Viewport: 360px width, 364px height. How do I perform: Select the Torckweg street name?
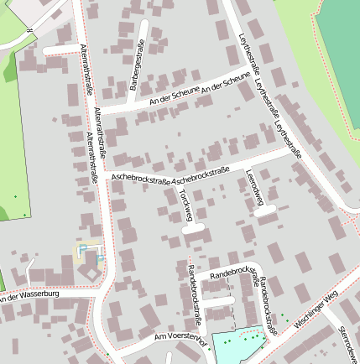(x=186, y=205)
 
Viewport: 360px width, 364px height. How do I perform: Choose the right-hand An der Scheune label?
(x=227, y=81)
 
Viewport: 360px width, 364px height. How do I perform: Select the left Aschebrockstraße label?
(x=140, y=179)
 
